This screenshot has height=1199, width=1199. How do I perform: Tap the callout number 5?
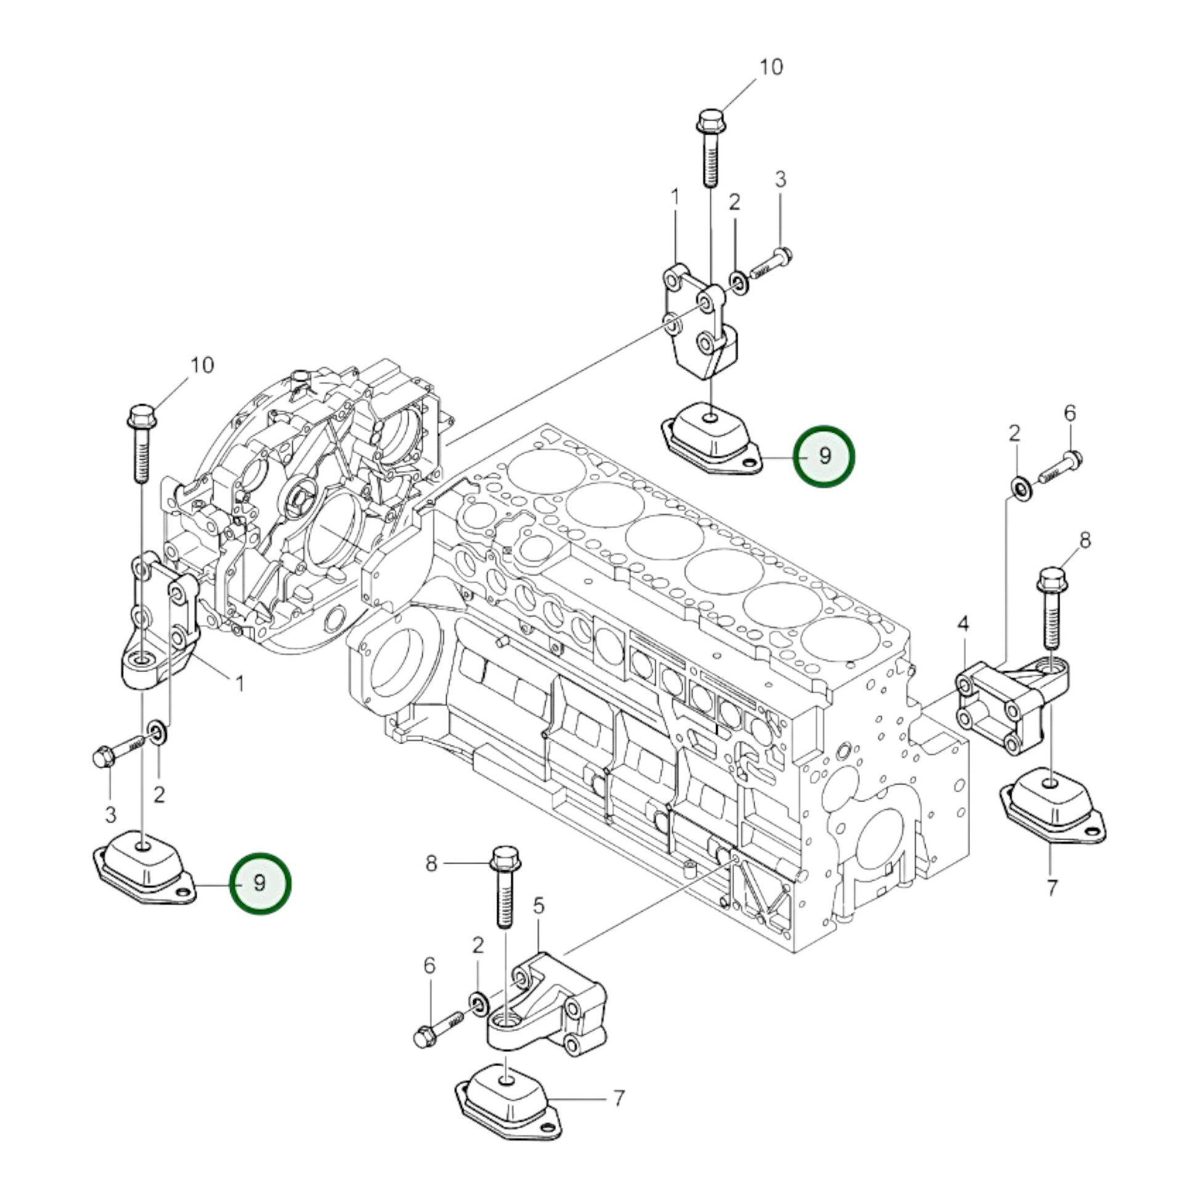[538, 906]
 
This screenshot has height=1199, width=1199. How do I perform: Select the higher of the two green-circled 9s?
[826, 456]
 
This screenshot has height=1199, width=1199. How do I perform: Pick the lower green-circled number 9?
[260, 883]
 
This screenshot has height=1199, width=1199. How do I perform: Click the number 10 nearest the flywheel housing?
[201, 365]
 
